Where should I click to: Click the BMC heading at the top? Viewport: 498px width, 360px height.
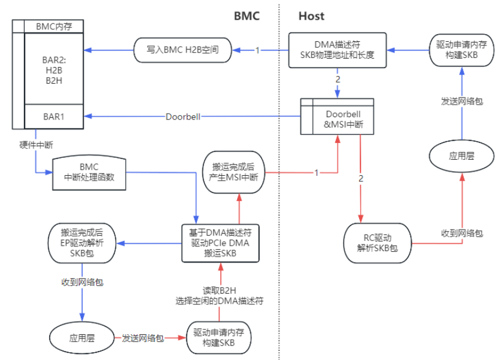tap(247, 16)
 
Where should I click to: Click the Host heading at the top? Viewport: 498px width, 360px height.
tap(311, 16)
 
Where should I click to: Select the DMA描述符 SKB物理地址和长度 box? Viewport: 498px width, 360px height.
tap(338, 50)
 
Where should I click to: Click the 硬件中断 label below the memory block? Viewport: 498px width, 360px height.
tap(33, 144)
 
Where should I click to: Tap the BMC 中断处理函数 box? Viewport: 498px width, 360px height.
tap(89, 173)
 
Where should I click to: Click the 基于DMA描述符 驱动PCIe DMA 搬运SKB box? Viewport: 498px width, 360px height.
tap(221, 243)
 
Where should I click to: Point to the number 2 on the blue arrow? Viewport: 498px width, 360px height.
tap(337, 79)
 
